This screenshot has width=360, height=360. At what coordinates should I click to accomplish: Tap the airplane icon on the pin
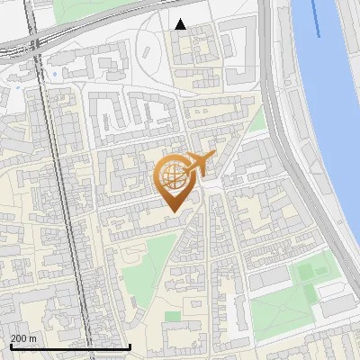tap(199, 164)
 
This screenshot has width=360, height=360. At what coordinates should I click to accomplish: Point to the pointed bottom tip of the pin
tap(175, 211)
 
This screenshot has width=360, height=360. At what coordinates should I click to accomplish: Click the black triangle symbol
tap(181, 24)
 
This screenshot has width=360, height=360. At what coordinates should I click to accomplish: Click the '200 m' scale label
tap(23, 338)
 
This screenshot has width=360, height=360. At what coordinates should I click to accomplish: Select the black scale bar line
tap(69, 347)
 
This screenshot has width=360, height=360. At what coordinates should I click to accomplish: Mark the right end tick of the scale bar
tap(130, 346)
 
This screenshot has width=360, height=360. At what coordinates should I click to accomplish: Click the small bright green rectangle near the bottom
tap(173, 316)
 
